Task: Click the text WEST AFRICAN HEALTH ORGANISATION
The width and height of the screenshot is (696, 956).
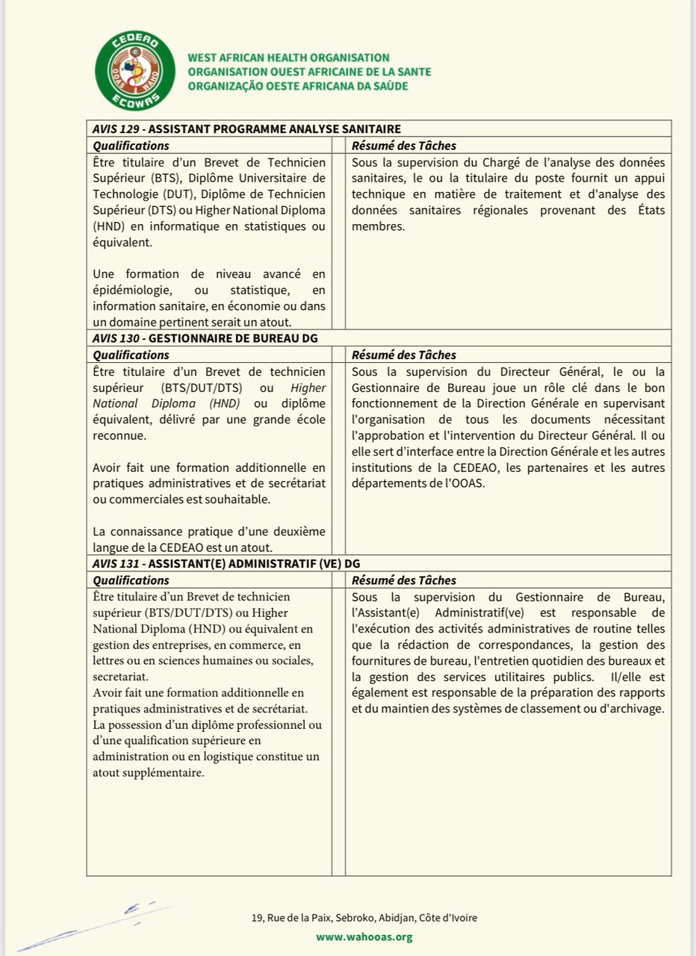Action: coord(288,58)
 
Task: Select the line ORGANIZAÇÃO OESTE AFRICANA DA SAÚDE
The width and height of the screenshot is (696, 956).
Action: coord(298,86)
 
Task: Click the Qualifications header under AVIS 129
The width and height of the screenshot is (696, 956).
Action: coord(131,146)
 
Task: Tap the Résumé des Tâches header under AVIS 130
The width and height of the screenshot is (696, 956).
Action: coord(403,355)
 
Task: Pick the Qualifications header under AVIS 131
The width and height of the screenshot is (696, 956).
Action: coord(131,580)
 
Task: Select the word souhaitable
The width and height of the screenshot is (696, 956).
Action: coord(241,499)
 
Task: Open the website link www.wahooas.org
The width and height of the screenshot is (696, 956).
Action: coord(364,937)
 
